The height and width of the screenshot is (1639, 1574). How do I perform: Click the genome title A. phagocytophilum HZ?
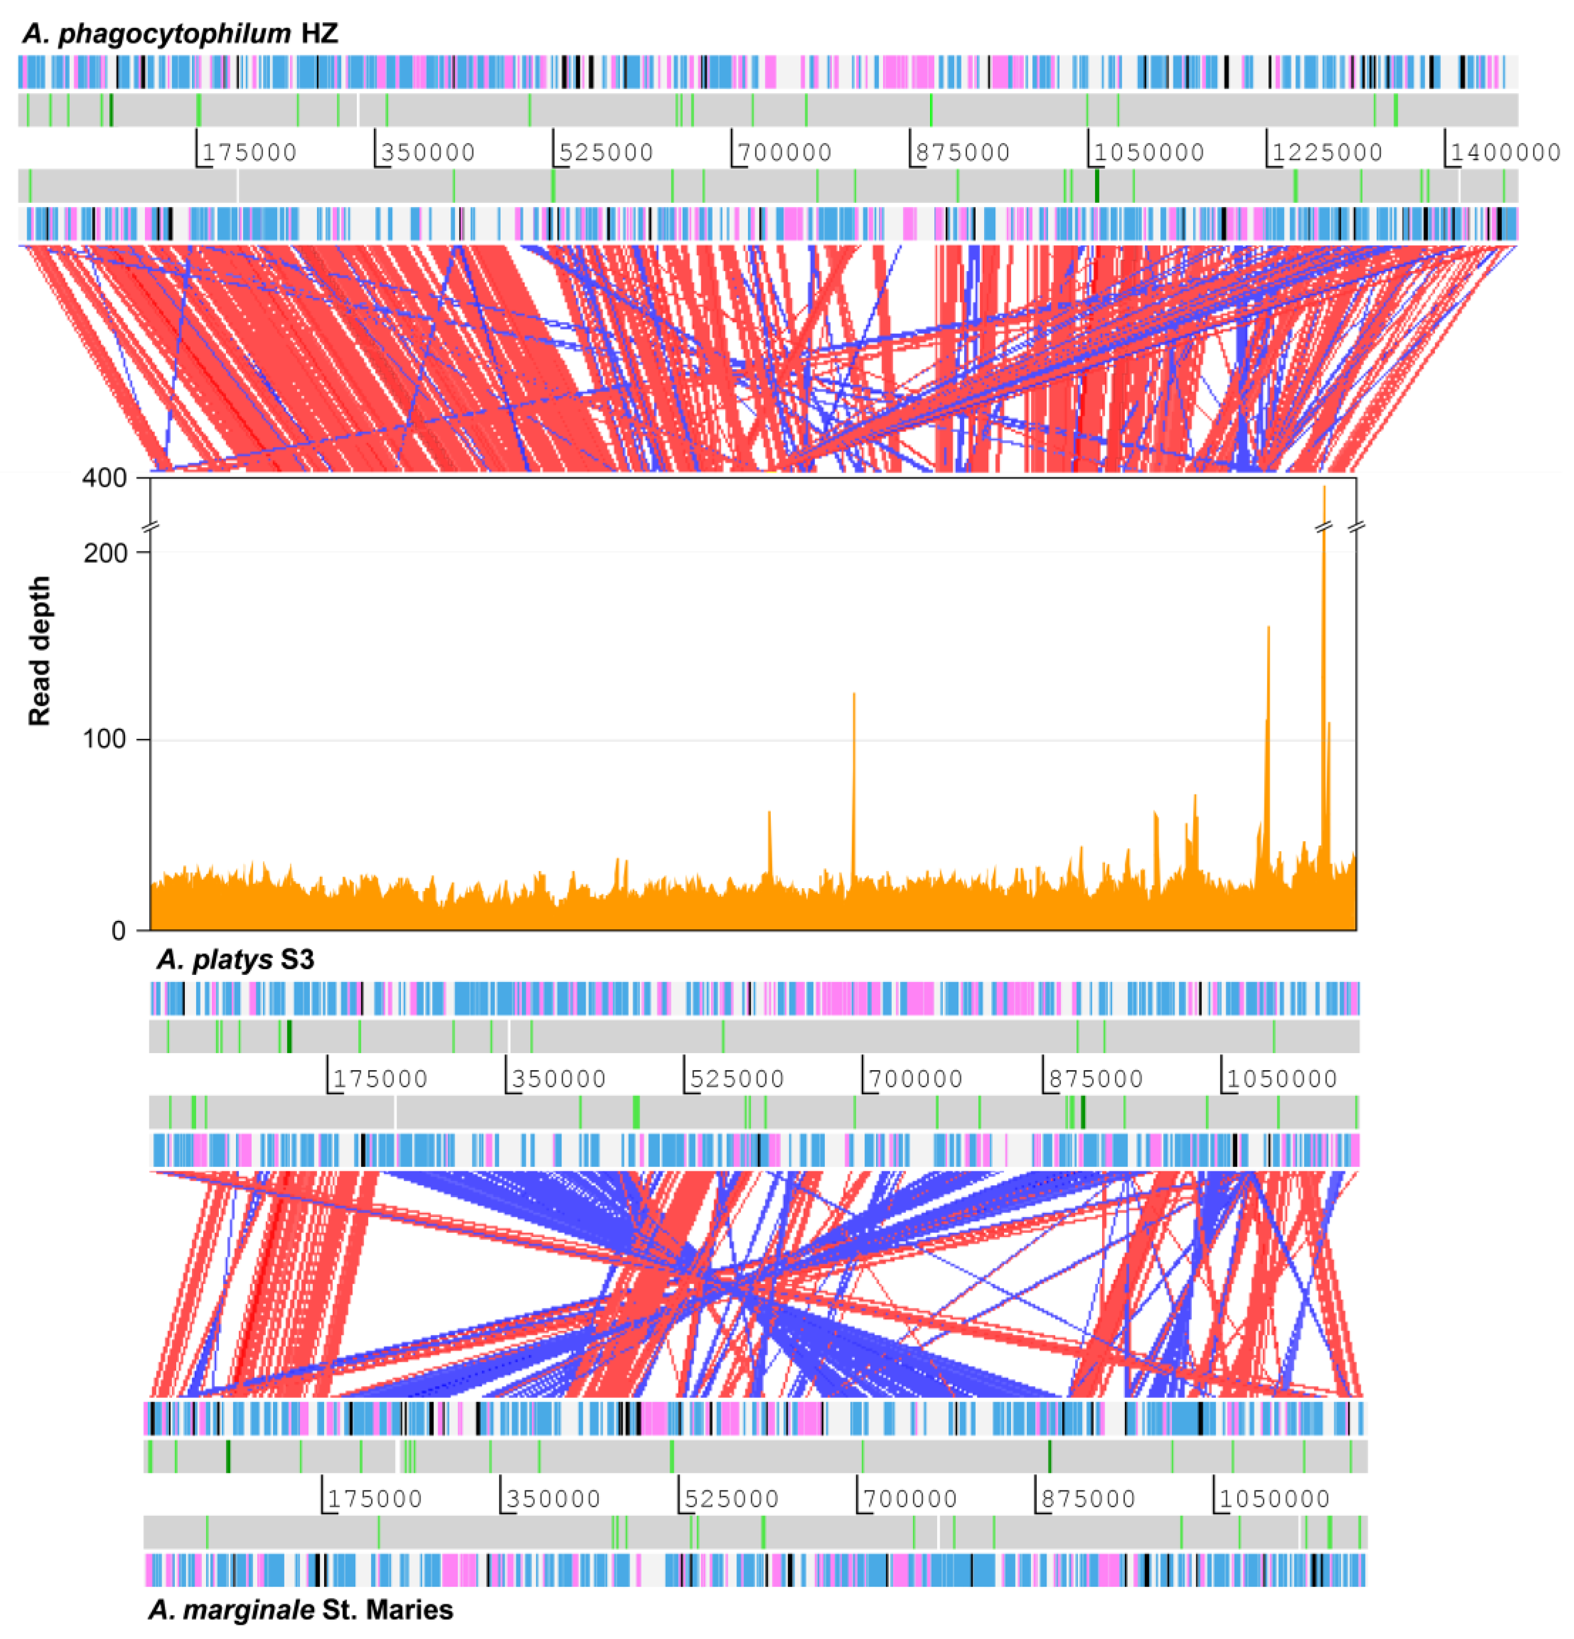[x=180, y=34]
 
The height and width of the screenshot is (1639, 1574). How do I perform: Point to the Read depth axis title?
[x=39, y=650]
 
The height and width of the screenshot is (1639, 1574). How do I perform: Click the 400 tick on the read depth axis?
[x=105, y=478]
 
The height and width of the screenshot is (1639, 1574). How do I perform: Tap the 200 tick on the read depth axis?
[x=105, y=554]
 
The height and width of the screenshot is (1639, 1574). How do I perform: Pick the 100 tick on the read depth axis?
[x=105, y=740]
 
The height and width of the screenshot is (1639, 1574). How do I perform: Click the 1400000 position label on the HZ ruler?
[x=1505, y=152]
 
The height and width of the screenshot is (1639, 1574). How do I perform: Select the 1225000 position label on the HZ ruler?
[x=1327, y=152]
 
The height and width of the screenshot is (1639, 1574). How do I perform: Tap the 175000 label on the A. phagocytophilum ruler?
[x=249, y=152]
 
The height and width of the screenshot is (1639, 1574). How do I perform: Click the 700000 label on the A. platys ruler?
[x=916, y=1079]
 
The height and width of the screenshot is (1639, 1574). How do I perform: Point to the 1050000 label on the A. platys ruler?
[x=1282, y=1079]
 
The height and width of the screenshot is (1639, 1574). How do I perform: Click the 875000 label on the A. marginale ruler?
[x=1088, y=1498]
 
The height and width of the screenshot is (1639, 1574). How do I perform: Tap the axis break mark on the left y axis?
[x=151, y=527]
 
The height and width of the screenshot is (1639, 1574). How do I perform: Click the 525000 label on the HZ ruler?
[x=606, y=152]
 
